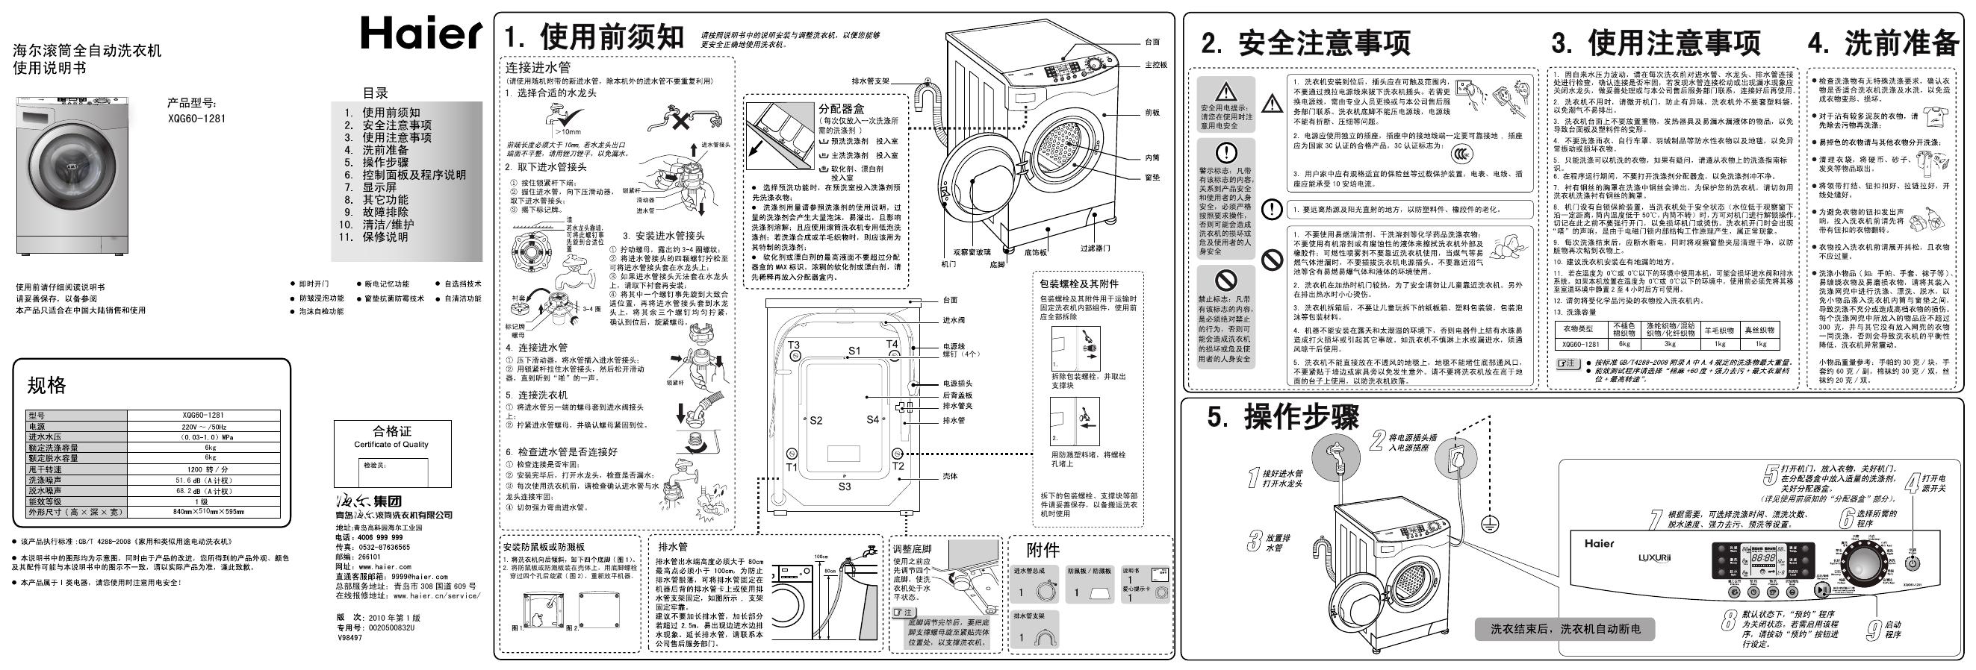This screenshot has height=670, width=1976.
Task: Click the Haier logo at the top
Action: pos(421,34)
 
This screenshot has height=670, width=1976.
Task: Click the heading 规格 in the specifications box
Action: pos(47,386)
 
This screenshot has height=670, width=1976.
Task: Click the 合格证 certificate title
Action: pos(392,431)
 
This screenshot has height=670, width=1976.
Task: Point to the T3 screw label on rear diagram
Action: pos(793,345)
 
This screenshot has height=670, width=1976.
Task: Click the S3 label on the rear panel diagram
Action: pos(844,486)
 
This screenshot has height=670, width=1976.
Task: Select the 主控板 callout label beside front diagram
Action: pos(1155,65)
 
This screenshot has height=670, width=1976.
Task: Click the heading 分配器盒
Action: pos(841,109)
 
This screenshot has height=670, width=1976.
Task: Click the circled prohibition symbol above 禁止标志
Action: pos(1225,279)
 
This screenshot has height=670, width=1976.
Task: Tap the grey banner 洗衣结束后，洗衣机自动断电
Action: pos(1565,629)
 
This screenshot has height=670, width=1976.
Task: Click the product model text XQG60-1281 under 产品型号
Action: pos(196,119)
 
